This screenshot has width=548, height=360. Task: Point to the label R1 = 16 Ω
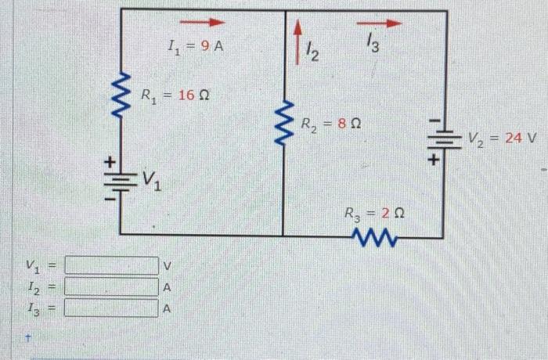(x=176, y=95)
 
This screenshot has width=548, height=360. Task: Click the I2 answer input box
(x=111, y=286)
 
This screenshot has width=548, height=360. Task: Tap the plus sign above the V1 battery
(x=111, y=160)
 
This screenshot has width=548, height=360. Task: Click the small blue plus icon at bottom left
(x=28, y=340)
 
